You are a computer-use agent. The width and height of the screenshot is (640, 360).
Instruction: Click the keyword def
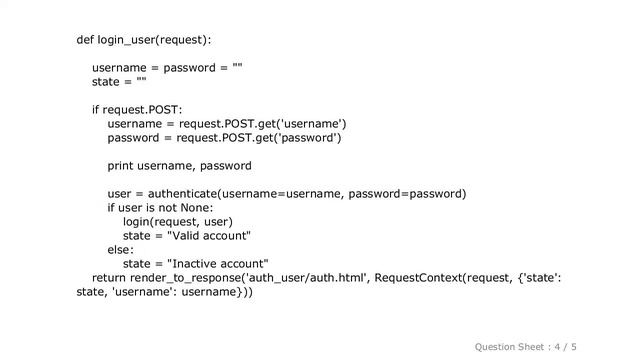(85, 40)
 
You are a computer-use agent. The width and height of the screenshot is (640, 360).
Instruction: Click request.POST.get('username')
(263, 124)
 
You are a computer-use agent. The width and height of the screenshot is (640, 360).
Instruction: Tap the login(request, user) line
(177, 222)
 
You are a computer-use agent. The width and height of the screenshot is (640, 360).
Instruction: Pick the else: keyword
(120, 250)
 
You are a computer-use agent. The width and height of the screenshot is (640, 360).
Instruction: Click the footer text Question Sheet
(509, 346)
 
